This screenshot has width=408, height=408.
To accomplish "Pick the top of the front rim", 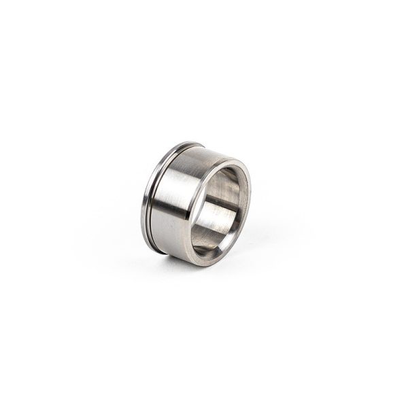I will [x=228, y=162].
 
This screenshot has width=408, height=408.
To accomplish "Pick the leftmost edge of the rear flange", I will [x=142, y=204].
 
